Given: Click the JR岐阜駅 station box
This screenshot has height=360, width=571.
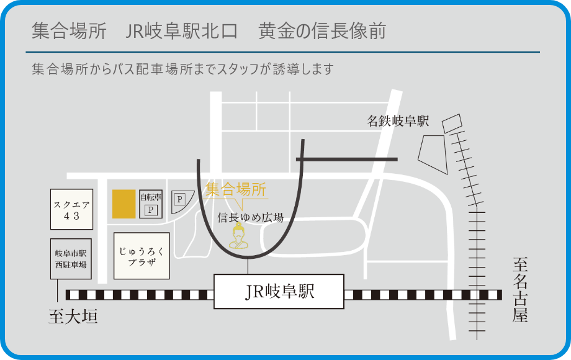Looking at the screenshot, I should pos(279,292).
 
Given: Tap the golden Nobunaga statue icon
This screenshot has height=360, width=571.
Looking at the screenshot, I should pos(238,238).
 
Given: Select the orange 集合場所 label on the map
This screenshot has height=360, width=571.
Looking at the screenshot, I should pos(236,189).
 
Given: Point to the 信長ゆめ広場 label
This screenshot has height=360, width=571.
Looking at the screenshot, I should pos(251,217).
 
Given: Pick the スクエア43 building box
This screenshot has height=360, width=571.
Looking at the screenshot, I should pos(71,209).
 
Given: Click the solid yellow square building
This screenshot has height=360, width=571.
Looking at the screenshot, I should pos(124,204).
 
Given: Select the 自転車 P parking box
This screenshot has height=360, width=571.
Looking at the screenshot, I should pos(150,204).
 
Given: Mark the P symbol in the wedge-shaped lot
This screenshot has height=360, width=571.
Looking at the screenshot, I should pos(179,199).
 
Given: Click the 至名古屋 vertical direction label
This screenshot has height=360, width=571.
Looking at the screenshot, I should pos(519,290).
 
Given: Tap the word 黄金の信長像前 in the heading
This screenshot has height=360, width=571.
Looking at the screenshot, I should pos(322,32).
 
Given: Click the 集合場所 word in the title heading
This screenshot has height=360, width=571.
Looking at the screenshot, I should pos(68,32).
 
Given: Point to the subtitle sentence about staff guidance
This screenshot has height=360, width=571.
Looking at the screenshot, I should pos(182,69).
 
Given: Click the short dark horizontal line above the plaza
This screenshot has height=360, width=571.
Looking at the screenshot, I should pos(346,160).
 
